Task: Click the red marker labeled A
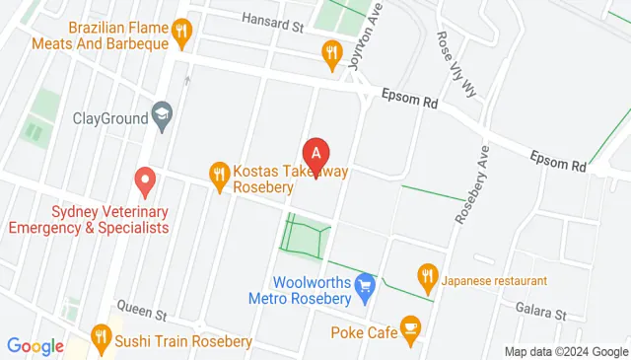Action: click(x=315, y=154)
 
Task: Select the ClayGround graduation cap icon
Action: click(x=162, y=116)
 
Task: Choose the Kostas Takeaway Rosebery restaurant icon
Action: click(x=220, y=177)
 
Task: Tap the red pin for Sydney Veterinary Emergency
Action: click(x=145, y=180)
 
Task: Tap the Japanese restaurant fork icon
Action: click(x=427, y=275)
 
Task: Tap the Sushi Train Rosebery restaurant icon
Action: click(x=100, y=340)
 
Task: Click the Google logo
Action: click(x=35, y=346)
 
